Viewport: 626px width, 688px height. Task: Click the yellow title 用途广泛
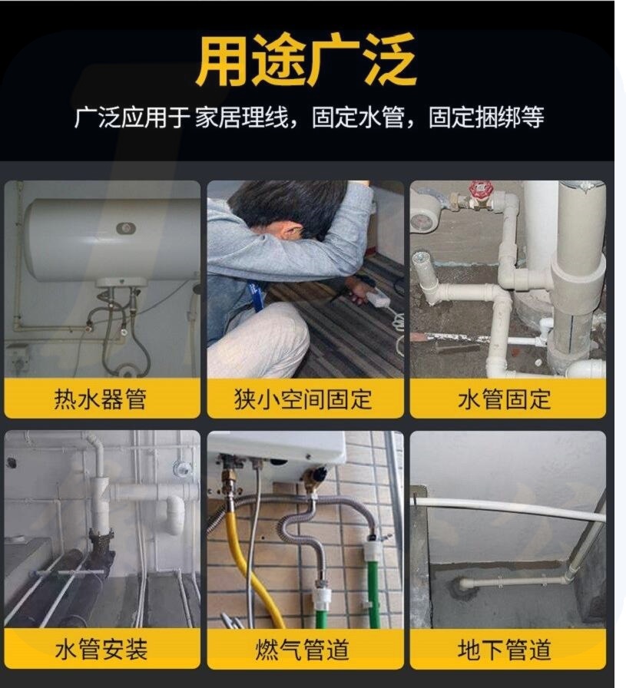(x=306, y=60)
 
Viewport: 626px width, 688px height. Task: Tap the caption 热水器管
(x=100, y=399)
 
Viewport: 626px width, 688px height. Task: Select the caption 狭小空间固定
(x=303, y=399)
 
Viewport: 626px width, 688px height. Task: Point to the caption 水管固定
(x=504, y=399)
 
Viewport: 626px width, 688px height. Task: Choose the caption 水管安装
(x=101, y=650)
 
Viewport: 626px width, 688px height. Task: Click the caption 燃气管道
(x=303, y=650)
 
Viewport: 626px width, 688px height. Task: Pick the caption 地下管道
(x=504, y=650)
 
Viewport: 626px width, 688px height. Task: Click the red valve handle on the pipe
(x=477, y=191)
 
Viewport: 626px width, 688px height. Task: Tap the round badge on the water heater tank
(x=126, y=228)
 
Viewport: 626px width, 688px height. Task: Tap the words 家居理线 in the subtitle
(x=241, y=117)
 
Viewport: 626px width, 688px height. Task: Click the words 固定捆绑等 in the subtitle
(x=486, y=117)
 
